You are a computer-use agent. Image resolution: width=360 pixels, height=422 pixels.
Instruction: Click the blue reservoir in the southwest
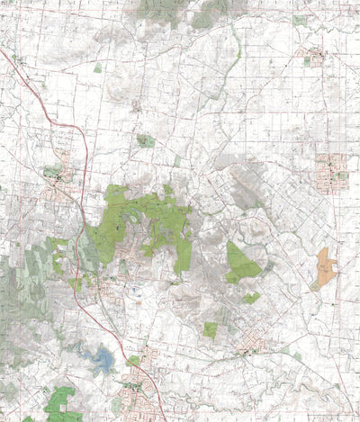pos(101,361)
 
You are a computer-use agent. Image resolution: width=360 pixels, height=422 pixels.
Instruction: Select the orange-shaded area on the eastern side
pos(325,268)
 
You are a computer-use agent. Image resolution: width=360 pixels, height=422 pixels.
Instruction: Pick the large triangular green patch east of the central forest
pos(240,262)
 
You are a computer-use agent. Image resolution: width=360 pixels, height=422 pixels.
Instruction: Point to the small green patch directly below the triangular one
pos(252,297)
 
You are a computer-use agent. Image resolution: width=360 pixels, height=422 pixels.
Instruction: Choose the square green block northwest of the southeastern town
pos(210,330)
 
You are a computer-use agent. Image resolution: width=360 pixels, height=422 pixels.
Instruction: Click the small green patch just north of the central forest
pos(145,141)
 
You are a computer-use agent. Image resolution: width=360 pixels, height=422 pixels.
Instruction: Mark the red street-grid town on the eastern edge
pos(331,168)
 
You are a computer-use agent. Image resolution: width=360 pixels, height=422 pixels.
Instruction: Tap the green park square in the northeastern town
pos(307,61)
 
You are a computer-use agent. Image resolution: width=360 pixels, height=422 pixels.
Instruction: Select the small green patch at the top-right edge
pos(299,20)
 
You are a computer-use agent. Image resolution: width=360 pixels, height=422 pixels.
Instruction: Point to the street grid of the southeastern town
pos(253,343)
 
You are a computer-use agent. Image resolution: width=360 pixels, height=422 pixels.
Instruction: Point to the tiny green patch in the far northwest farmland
pos(97,67)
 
